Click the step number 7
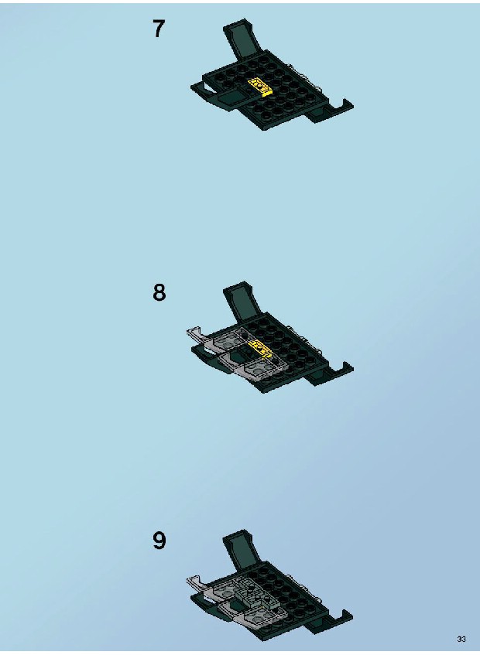(x=159, y=29)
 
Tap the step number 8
(x=159, y=292)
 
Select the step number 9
(x=159, y=541)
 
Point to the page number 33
(x=461, y=639)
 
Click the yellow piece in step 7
(x=260, y=87)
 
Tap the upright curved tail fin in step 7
(x=241, y=39)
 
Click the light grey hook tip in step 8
(x=195, y=333)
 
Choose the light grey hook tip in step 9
(x=195, y=582)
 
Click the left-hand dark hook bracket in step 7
(x=204, y=90)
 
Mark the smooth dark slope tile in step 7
(x=232, y=98)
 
